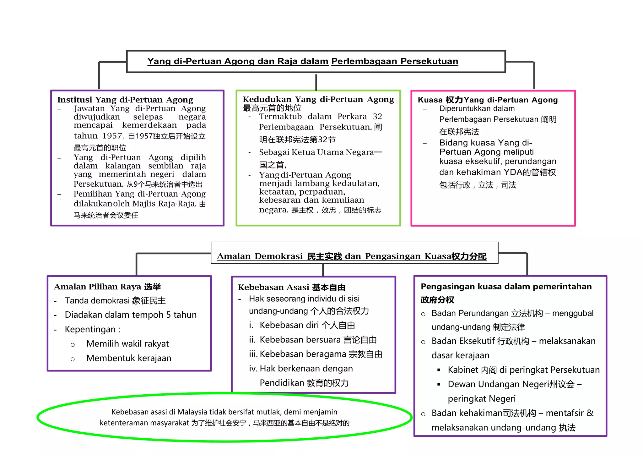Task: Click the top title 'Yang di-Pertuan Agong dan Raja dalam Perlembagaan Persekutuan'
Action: pyautogui.click(x=303, y=61)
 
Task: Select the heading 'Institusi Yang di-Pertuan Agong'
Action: pyautogui.click(x=125, y=100)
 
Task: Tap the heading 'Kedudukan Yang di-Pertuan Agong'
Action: pyautogui.click(x=318, y=100)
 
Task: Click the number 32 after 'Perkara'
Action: pyautogui.click(x=377, y=117)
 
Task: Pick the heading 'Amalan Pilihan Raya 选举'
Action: pyautogui.click(x=107, y=287)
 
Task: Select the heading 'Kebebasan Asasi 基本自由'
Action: pyautogui.click(x=291, y=288)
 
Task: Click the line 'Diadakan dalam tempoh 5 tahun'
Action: pyautogui.click(x=131, y=315)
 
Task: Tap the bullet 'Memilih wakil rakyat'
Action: pyautogui.click(x=127, y=344)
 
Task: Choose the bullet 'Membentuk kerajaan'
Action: pyautogui.click(x=129, y=358)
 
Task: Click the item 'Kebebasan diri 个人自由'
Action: pyautogui.click(x=307, y=325)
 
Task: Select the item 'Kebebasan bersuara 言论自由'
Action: pyautogui.click(x=318, y=340)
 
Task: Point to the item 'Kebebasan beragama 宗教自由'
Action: pyautogui.click(x=321, y=354)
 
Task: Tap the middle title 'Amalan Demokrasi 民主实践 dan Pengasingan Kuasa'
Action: pyautogui.click(x=352, y=256)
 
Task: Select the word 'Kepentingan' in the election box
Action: pyautogui.click(x=90, y=329)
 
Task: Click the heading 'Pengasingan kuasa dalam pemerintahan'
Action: pyautogui.click(x=506, y=287)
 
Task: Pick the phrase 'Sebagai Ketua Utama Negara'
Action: pyautogui.click(x=316, y=152)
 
